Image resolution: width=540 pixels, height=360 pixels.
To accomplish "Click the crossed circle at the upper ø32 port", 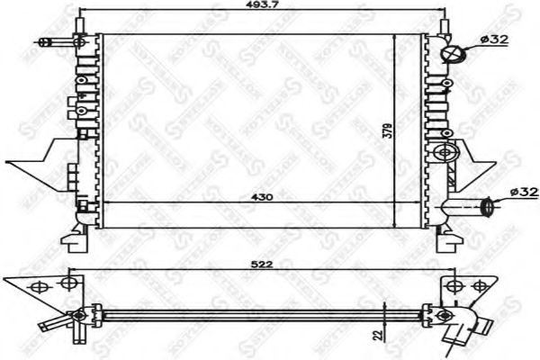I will click(454, 53).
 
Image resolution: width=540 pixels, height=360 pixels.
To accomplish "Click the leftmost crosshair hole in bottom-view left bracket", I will click(38, 287).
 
